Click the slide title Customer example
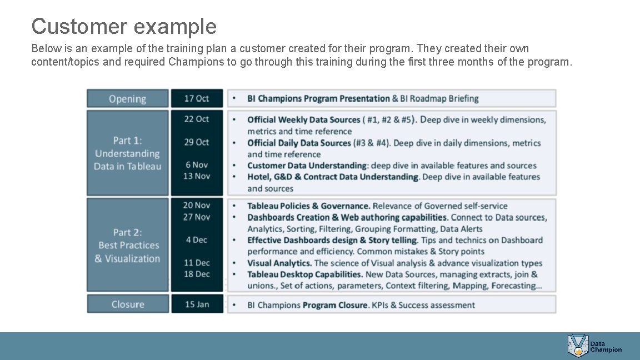(x=124, y=26)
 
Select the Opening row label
(x=127, y=99)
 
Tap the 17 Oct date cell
(x=197, y=98)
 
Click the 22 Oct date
(x=197, y=119)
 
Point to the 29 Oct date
(x=197, y=142)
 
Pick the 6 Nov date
(x=197, y=164)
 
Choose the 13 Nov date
(x=197, y=176)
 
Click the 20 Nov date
(x=197, y=205)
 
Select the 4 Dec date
(x=197, y=240)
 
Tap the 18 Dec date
(x=197, y=274)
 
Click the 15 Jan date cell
(x=197, y=304)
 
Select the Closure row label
(x=127, y=304)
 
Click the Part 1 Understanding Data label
(x=127, y=153)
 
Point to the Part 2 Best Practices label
(x=127, y=246)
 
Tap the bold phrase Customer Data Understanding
(x=307, y=166)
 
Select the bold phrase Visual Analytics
(x=279, y=263)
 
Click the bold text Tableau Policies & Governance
(x=308, y=206)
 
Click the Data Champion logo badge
(x=578, y=346)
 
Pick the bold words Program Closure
(x=335, y=305)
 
